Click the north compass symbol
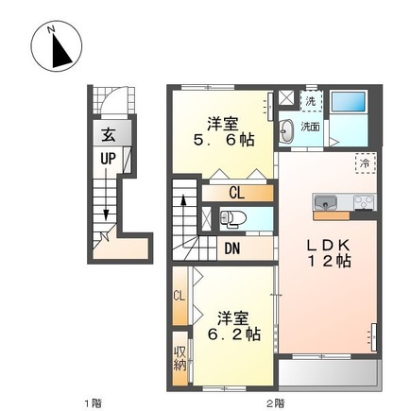point(57,45)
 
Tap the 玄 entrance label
point(108,135)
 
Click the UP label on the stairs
point(108,159)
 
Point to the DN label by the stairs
point(232,248)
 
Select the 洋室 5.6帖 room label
point(223,132)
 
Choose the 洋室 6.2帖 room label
point(233,326)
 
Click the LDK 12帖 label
point(329,252)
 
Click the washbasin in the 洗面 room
point(286,131)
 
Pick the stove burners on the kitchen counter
point(365,202)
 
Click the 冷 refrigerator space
point(366,163)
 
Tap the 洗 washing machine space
point(311,100)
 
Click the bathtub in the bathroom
point(349,101)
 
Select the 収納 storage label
point(180,359)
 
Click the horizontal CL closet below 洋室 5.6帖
point(237,193)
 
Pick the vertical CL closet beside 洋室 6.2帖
point(180,296)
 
